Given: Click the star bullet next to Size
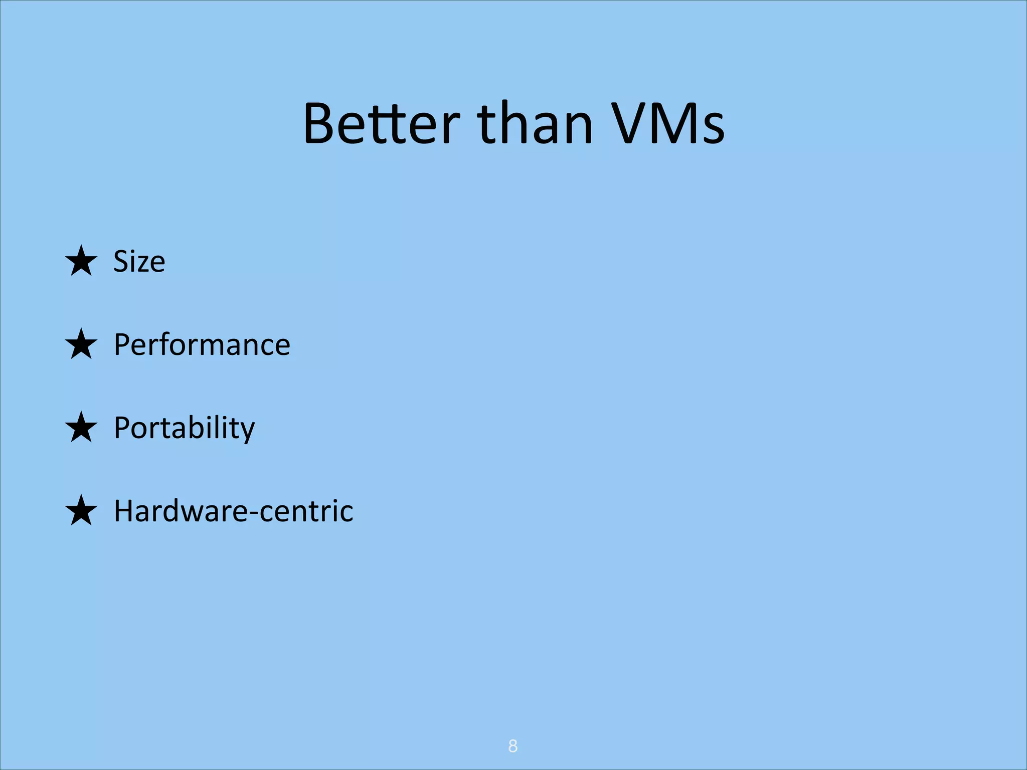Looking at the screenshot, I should coord(81,261).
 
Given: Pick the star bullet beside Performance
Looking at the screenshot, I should coord(81,344).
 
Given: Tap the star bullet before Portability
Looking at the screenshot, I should coord(81,428).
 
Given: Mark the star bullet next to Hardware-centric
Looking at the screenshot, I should coord(81,511).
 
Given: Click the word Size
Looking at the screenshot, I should coord(139,261).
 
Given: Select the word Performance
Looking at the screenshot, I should coord(202,345).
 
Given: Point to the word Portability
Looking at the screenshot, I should coord(184,428).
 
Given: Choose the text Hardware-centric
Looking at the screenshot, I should coord(233,511).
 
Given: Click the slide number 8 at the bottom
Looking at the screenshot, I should coord(512,746).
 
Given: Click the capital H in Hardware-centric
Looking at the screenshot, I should coord(123,511).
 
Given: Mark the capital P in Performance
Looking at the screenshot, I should coord(122,345).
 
